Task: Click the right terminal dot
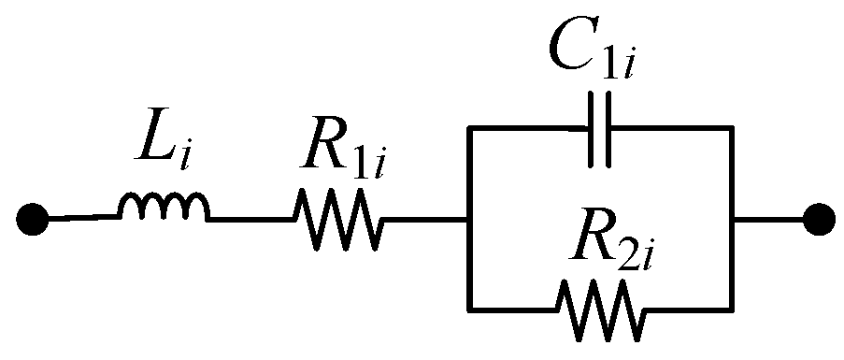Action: pyautogui.click(x=819, y=220)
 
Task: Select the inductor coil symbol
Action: pyautogui.click(x=163, y=211)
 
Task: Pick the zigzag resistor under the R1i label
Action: pyautogui.click(x=336, y=220)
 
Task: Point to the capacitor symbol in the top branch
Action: pyautogui.click(x=599, y=130)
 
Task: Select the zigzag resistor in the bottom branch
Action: pyautogui.click(x=599, y=310)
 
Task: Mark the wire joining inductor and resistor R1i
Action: pyautogui.click(x=250, y=220)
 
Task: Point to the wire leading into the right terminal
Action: pyautogui.click(x=768, y=220)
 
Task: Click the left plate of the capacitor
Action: pyautogui.click(x=590, y=130)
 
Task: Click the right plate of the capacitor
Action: pyautogui.click(x=608, y=130)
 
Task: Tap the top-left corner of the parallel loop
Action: pyautogui.click(x=466, y=131)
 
